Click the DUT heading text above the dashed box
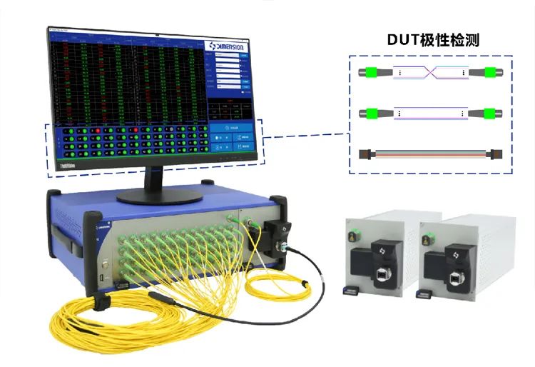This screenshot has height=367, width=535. [x=433, y=40]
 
